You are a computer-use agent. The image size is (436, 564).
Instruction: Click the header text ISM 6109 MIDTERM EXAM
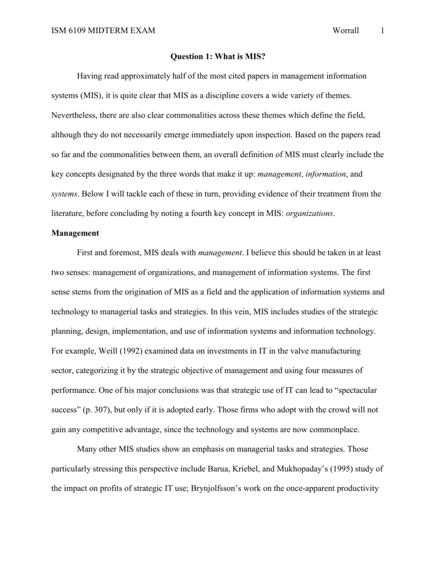pos(103,31)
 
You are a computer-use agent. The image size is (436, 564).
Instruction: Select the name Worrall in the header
pos(346,31)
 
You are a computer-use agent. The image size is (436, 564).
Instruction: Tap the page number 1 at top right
pos(381,31)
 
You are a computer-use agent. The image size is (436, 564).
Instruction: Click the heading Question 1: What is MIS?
pos(217,56)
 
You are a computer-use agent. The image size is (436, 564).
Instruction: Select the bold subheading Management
pos(75,233)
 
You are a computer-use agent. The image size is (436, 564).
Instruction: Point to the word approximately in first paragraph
pos(152,75)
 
